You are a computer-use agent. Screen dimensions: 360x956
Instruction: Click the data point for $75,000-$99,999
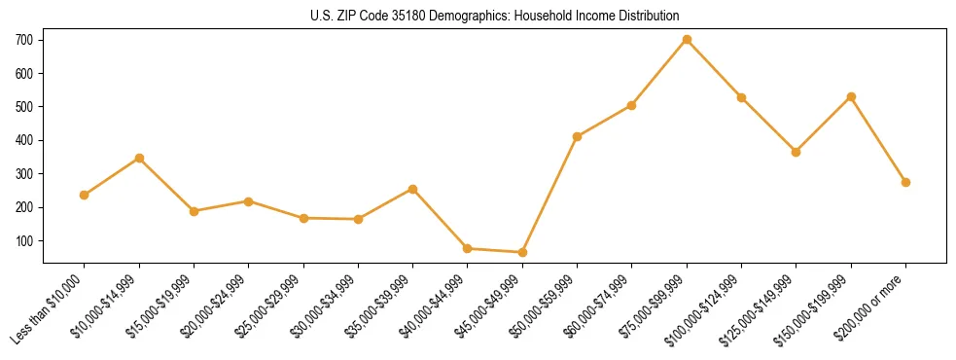pos(687,40)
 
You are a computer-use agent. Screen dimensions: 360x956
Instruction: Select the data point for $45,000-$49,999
pos(522,252)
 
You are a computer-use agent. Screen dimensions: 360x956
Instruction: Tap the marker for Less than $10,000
pos(85,195)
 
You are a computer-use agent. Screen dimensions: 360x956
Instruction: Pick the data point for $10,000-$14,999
pos(139,158)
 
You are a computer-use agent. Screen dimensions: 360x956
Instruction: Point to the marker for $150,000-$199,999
pos(851,97)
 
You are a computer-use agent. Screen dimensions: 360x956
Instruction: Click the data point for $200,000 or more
pos(905,182)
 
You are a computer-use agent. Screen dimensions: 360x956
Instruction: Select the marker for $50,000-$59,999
pos(578,136)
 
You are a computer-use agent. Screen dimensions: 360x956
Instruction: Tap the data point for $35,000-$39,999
pos(413,189)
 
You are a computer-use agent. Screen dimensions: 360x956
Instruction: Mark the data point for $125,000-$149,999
pos(797,152)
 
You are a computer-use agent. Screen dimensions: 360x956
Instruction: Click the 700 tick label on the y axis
pos(24,40)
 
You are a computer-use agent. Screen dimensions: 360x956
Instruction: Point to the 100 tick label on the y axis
pos(24,241)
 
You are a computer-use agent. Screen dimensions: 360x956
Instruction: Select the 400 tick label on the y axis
pos(24,140)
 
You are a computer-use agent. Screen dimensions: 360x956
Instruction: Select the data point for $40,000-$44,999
pos(468,248)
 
